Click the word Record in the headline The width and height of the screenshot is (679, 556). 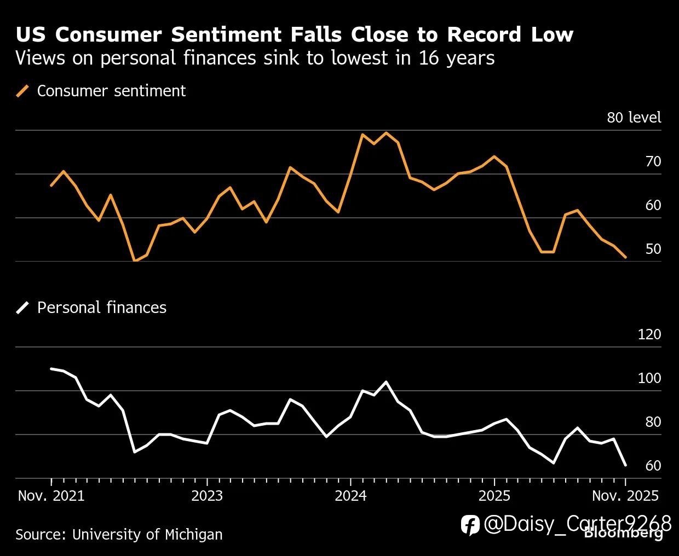tap(484, 34)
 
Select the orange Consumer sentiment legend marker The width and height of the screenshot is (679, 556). tap(23, 91)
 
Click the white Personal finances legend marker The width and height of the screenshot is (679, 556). tap(23, 308)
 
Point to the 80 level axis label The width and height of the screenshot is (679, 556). tap(634, 118)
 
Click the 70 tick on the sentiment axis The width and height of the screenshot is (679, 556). tap(653, 161)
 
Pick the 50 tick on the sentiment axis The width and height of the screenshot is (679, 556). tap(653, 249)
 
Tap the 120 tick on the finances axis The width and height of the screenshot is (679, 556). tap(649, 334)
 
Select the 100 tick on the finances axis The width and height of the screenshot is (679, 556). tap(649, 378)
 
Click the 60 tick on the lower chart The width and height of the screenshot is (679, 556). tap(653, 466)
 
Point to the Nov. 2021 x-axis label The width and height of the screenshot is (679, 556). tap(51, 496)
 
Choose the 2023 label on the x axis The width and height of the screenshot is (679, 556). tap(207, 496)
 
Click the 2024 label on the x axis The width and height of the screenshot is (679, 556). tap(350, 496)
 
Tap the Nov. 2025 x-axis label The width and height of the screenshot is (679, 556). tap(624, 496)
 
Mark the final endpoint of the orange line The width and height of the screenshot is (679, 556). tap(625, 257)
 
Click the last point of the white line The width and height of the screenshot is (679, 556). tap(625, 465)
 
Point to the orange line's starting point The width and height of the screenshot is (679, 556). tap(51, 186)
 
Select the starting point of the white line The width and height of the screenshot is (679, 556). tap(51, 369)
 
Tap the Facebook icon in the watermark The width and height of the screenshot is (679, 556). tap(470, 525)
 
